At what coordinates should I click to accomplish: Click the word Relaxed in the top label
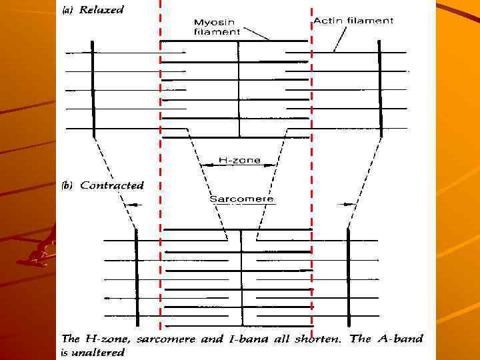point(101,11)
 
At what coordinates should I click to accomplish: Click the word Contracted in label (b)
point(111,185)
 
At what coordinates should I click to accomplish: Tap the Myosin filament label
point(216,26)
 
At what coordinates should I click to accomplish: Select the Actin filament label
point(353,21)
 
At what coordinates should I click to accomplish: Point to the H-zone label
point(239,161)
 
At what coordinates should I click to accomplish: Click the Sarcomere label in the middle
point(241,199)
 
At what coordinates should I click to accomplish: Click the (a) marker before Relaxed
point(69,11)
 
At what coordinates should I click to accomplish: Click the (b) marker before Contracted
point(68,185)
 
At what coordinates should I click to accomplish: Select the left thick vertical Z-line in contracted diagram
point(136,277)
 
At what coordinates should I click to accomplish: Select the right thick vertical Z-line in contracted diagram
point(348,277)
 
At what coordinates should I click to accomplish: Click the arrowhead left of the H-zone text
point(205,161)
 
